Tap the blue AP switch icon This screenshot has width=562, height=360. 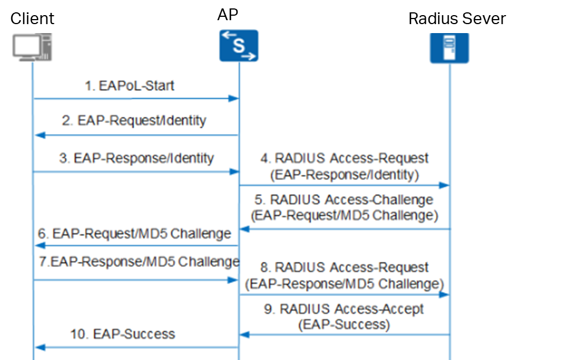(238, 45)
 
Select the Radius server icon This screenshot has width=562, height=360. (449, 48)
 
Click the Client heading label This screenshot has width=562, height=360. (33, 19)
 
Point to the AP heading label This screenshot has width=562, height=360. (228, 15)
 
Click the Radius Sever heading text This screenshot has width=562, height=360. (457, 19)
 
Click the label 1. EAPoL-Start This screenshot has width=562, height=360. (130, 86)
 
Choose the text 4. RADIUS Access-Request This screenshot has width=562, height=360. (344, 159)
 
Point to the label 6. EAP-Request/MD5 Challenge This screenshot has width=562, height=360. (134, 233)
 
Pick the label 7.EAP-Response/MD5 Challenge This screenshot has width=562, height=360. (137, 261)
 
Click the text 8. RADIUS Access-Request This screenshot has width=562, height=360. (344, 268)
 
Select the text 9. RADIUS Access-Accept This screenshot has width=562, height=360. (344, 309)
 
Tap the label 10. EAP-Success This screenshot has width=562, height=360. (123, 334)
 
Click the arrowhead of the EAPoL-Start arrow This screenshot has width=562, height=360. (236, 99)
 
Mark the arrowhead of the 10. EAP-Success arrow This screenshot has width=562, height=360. (38, 348)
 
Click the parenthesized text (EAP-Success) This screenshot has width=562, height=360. (344, 324)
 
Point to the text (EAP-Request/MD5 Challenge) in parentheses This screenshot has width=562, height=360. (344, 215)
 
